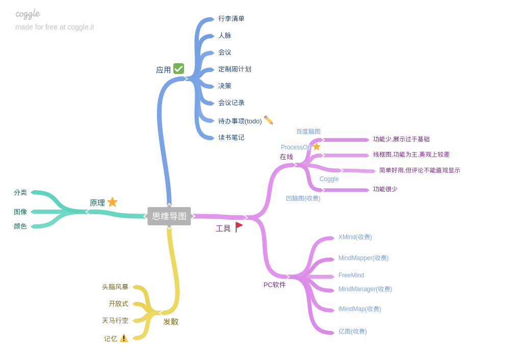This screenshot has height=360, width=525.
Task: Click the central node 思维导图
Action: pyautogui.click(x=169, y=216)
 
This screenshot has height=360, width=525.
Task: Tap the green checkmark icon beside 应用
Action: pyautogui.click(x=178, y=68)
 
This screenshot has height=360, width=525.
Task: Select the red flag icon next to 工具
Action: pyautogui.click(x=239, y=227)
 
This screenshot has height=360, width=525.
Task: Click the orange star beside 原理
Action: pyautogui.click(x=112, y=202)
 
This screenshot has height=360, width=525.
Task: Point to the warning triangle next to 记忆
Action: pyautogui.click(x=124, y=338)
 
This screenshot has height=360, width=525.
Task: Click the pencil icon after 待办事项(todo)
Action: pyautogui.click(x=269, y=120)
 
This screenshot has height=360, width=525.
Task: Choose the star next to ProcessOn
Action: pyautogui.click(x=317, y=146)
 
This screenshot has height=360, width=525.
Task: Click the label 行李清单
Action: pyautogui.click(x=231, y=19)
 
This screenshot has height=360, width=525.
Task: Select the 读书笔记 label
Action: pyautogui.click(x=231, y=138)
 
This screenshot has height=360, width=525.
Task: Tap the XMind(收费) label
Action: pyautogui.click(x=355, y=237)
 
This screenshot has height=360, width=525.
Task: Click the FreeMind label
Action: pyautogui.click(x=351, y=275)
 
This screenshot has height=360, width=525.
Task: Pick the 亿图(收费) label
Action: pyautogui.click(x=352, y=331)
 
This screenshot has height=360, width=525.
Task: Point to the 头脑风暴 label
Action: pyautogui.click(x=115, y=287)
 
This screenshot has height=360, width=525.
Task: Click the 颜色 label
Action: pyautogui.click(x=20, y=226)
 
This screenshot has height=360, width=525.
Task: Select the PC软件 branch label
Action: pyautogui.click(x=275, y=285)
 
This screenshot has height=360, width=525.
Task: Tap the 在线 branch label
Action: pyautogui.click(x=286, y=157)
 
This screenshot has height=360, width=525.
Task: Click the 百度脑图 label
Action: pyautogui.click(x=308, y=132)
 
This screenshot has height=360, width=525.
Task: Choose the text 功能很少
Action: pyautogui.click(x=385, y=189)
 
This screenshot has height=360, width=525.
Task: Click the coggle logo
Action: pyautogui.click(x=28, y=14)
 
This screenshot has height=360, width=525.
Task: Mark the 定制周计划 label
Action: pyautogui.click(x=234, y=69)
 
